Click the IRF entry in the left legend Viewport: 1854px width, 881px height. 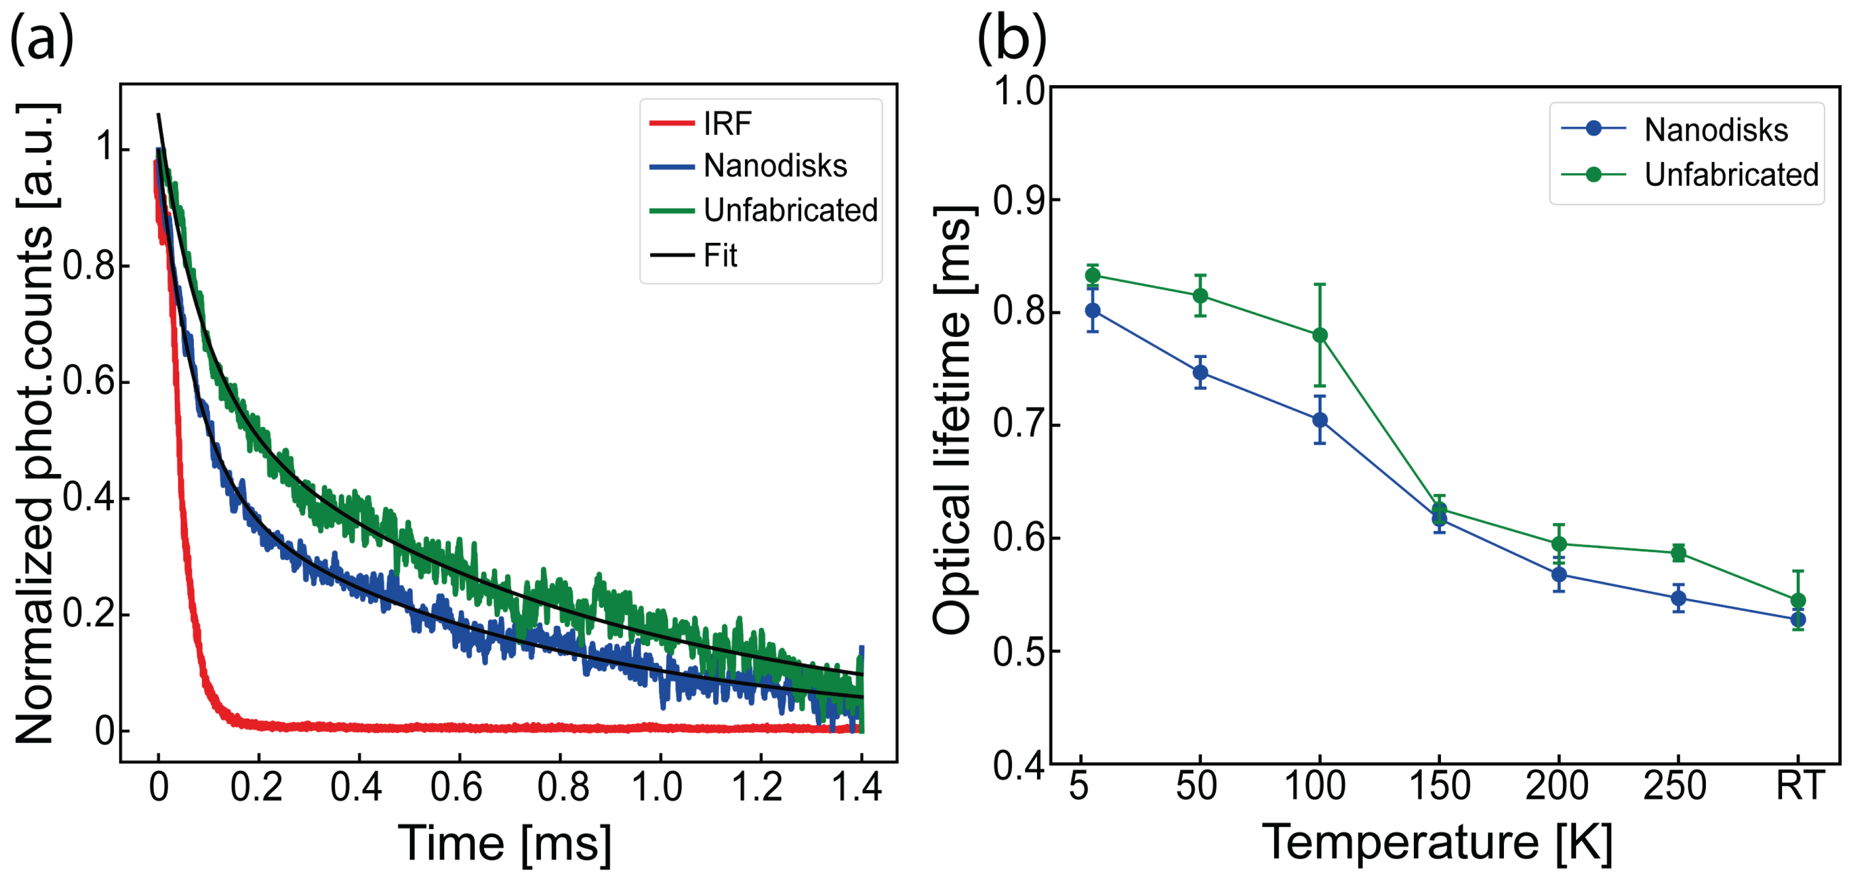pyautogui.click(x=727, y=124)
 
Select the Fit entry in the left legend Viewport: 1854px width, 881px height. pyautogui.click(x=720, y=255)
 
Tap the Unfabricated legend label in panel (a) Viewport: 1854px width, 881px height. pyautogui.click(x=790, y=210)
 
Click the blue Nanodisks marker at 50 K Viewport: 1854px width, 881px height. pyautogui.click(x=1200, y=373)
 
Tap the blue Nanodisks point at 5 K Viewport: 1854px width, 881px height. pyautogui.click(x=1092, y=311)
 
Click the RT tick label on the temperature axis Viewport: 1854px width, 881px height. pyautogui.click(x=1799, y=786)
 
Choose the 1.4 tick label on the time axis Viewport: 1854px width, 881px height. pyautogui.click(x=856, y=787)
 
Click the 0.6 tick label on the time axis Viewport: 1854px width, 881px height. pyautogui.click(x=456, y=787)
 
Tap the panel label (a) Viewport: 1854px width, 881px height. pyautogui.click(x=42, y=40)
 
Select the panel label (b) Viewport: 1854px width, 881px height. pyautogui.click(x=1011, y=40)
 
